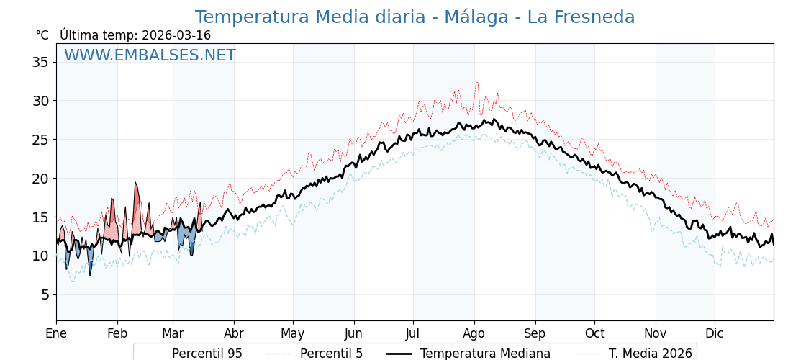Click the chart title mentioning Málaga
point(415,17)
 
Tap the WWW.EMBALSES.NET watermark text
point(150,55)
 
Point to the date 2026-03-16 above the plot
point(176,35)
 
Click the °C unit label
point(42,35)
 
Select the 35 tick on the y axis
point(40,62)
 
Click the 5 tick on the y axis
point(44,294)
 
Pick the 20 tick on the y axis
point(40,179)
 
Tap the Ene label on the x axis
point(56,333)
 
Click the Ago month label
point(474,333)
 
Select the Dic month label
point(714,333)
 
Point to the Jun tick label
point(353,333)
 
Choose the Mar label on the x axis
point(173,333)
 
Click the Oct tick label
point(594,333)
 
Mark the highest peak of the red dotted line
point(476,83)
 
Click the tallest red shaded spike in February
point(135,184)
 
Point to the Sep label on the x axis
point(535,333)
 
